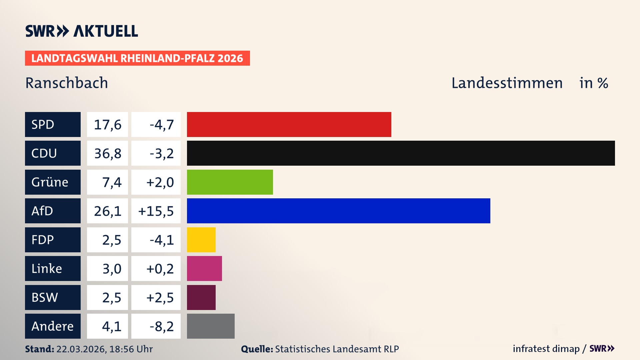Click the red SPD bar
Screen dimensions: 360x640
coord(289,124)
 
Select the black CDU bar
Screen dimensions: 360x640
coord(401,153)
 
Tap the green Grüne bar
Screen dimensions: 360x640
coord(230,182)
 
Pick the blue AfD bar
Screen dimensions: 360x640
coord(338,211)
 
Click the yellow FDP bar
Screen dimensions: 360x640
coord(201,240)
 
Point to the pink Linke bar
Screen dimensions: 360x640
coord(204,268)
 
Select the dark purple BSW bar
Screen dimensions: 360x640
coord(201,297)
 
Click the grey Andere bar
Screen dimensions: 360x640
coord(211,326)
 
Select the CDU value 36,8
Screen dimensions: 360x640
coord(107,153)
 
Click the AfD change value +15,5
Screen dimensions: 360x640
coord(156,211)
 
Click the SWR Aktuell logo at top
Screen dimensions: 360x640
coord(81,31)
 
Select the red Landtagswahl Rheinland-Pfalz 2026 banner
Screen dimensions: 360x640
coord(137,58)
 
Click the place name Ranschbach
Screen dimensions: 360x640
coord(67,83)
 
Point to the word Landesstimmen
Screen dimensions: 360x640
coord(507,83)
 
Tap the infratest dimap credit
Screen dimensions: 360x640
coord(546,349)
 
